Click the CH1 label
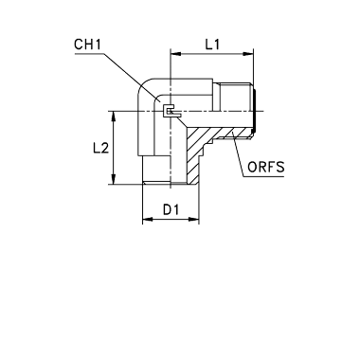click(87, 45)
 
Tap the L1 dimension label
click(212, 45)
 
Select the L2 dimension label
click(100, 148)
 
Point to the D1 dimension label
click(171, 209)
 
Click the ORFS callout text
click(265, 167)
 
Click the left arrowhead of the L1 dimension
click(175, 54)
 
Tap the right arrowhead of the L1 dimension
click(248, 54)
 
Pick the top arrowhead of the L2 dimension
click(114, 117)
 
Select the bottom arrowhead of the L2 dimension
click(114, 179)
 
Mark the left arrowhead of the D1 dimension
click(148, 219)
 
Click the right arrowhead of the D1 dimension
click(194, 219)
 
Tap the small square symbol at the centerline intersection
click(169, 111)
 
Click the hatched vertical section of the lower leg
click(193, 155)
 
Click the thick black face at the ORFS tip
click(254, 111)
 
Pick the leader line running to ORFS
click(238, 155)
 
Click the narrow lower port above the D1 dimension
click(157, 170)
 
